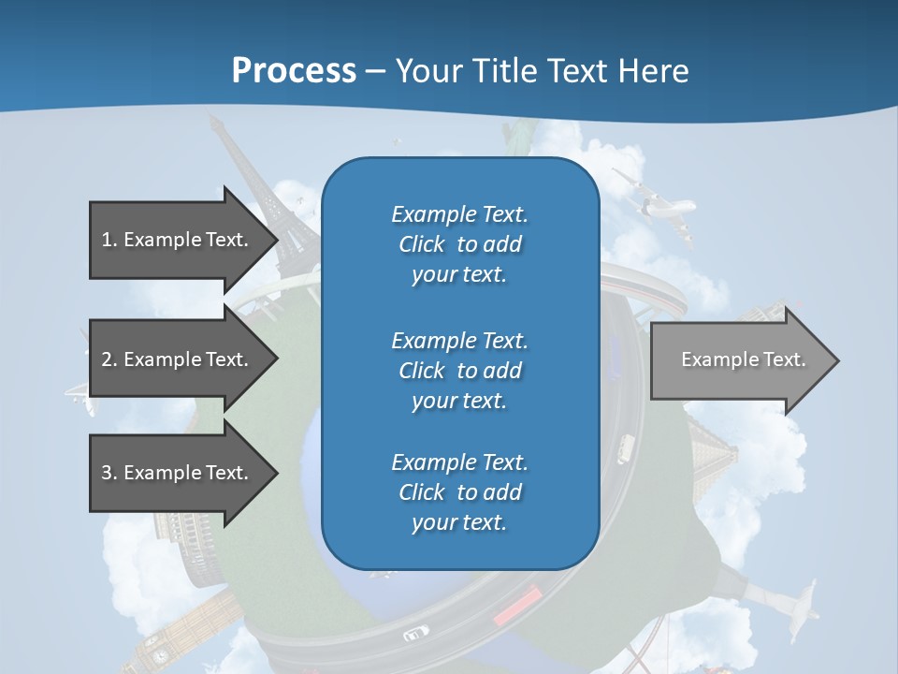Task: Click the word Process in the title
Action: (x=294, y=71)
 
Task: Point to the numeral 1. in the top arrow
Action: (x=109, y=240)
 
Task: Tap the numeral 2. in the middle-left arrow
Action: (x=109, y=359)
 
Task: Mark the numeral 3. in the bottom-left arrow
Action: (x=109, y=473)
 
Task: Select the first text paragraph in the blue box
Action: (x=459, y=244)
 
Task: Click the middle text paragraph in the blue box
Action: (x=459, y=371)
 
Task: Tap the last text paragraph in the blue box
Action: (x=459, y=492)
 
